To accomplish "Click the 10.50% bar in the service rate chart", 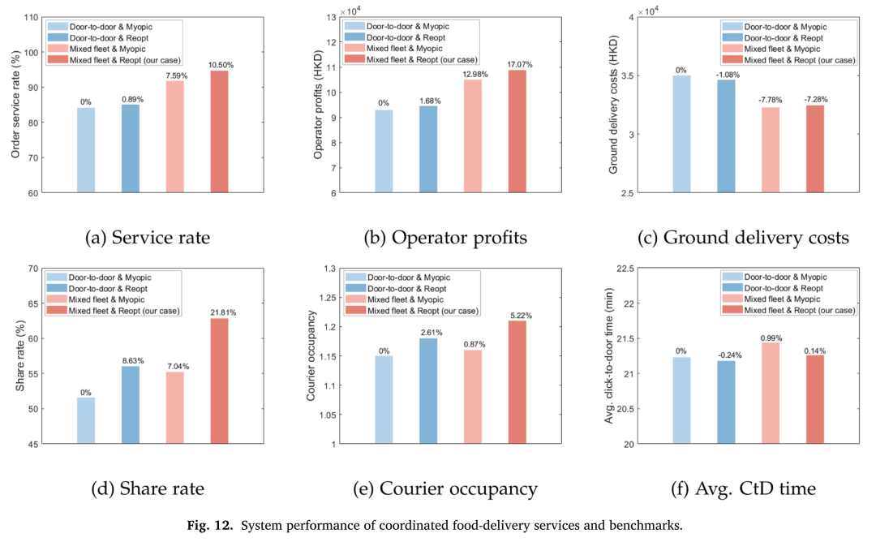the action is pyautogui.click(x=219, y=132).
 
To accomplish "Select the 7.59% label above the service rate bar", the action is pyautogui.click(x=177, y=76).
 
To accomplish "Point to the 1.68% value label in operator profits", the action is pyautogui.click(x=430, y=101).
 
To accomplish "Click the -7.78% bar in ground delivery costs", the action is pyautogui.click(x=771, y=150).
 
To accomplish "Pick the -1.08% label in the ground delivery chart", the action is pyautogui.click(x=728, y=75).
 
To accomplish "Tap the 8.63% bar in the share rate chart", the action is pyautogui.click(x=130, y=405).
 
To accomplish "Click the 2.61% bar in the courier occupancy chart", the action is pyautogui.click(x=428, y=391).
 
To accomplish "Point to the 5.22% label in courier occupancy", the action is pyautogui.click(x=522, y=316).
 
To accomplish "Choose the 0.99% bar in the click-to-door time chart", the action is pyautogui.click(x=771, y=394).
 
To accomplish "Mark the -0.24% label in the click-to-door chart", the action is pyautogui.click(x=730, y=355).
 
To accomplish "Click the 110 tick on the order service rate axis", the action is pyautogui.click(x=32, y=18).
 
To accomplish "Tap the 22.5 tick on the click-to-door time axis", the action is pyautogui.click(x=625, y=269).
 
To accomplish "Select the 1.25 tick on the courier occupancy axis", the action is pyautogui.click(x=328, y=298).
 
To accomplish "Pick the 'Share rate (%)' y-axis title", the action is pyautogui.click(x=20, y=356).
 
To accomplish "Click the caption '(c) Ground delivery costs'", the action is pyautogui.click(x=743, y=238).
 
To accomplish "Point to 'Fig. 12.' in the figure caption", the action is pyautogui.click(x=209, y=525).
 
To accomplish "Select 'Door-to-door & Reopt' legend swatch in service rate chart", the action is pyautogui.click(x=58, y=38).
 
